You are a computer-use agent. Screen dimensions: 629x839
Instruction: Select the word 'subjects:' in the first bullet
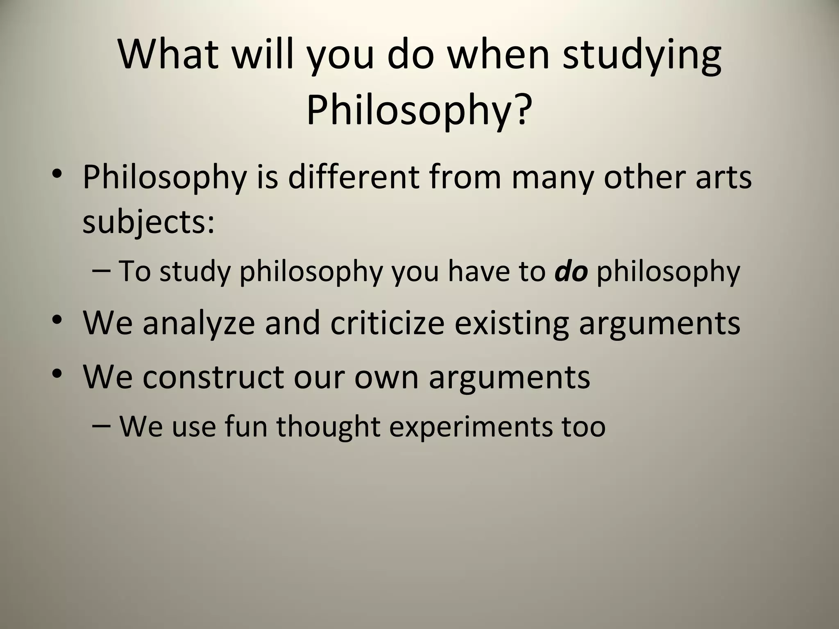(x=148, y=223)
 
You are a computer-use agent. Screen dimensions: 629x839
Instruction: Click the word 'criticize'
(x=387, y=323)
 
